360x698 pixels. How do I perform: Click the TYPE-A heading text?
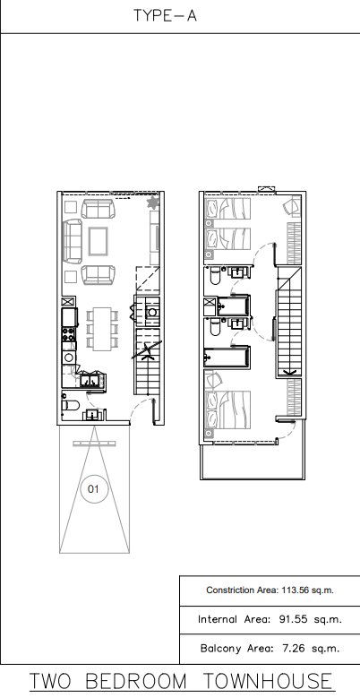pos(165,15)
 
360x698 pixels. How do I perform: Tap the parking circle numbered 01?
pos(93,489)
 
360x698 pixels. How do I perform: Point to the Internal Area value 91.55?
pos(293,619)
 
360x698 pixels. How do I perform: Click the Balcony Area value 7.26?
pos(293,649)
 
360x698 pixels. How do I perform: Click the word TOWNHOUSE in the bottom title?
pos(268,682)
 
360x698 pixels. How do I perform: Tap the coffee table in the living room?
pos(98,241)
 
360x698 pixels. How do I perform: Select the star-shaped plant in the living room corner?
pos(152,203)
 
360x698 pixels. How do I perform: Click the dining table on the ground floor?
pos(102,329)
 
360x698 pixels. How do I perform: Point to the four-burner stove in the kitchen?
pos(69,334)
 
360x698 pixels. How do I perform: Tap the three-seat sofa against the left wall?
pos(73,241)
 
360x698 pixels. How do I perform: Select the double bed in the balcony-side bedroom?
pos(227,410)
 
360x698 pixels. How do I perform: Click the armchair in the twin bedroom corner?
pos(292,207)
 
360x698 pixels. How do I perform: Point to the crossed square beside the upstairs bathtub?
pos(210,307)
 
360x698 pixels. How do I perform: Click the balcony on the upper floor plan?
pos(253,462)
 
